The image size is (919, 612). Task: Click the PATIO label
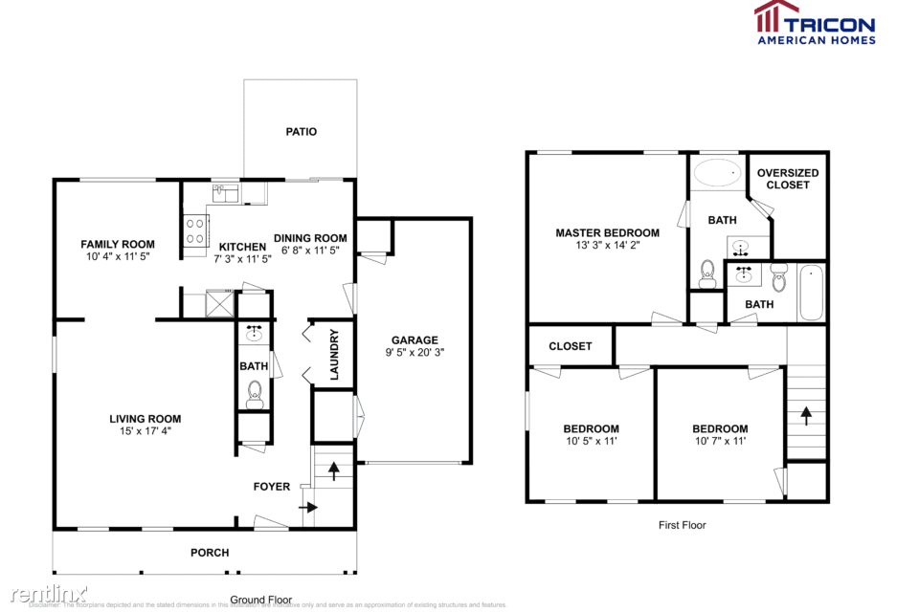pyautogui.click(x=301, y=132)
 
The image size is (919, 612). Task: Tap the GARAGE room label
pyautogui.click(x=415, y=339)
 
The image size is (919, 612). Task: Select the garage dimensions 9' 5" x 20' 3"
pyautogui.click(x=415, y=353)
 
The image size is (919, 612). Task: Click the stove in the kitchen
pyautogui.click(x=195, y=230)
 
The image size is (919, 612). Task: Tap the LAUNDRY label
pyautogui.click(x=335, y=355)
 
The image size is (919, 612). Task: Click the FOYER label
pyautogui.click(x=271, y=487)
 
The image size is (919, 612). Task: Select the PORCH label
pyautogui.click(x=210, y=553)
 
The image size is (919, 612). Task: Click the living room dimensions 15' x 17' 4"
pyautogui.click(x=145, y=431)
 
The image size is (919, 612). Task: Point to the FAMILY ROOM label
pyautogui.click(x=117, y=244)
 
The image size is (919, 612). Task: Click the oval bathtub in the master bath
pyautogui.click(x=716, y=173)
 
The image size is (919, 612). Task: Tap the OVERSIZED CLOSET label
pyautogui.click(x=787, y=179)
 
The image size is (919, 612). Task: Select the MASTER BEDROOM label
pyautogui.click(x=607, y=232)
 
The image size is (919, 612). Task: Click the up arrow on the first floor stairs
pyautogui.click(x=805, y=415)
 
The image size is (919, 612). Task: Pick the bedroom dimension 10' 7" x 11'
pyautogui.click(x=720, y=441)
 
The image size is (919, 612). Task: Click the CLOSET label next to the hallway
pyautogui.click(x=571, y=346)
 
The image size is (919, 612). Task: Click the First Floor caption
pyautogui.click(x=682, y=524)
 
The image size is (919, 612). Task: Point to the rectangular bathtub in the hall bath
pyautogui.click(x=812, y=293)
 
